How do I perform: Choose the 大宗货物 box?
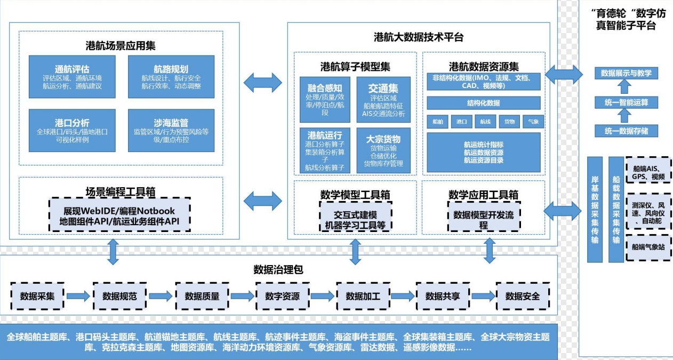point(383,150)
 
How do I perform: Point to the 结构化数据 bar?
point(483,103)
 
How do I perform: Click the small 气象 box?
point(533,122)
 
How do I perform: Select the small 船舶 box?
point(438,122)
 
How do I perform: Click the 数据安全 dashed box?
point(523,296)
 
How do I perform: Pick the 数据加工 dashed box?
point(363,296)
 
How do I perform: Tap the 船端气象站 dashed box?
point(648,247)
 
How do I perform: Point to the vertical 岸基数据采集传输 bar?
point(595,209)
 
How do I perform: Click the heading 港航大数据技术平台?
point(419,37)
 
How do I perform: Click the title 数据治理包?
point(278,270)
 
